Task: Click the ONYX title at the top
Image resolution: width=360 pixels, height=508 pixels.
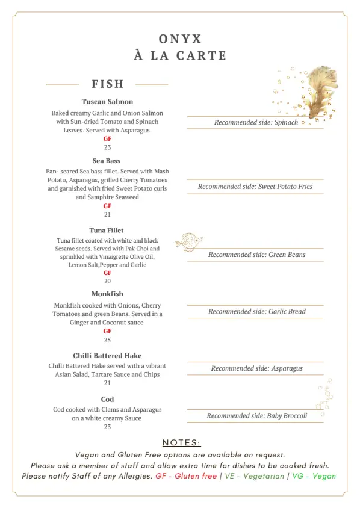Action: tap(180, 39)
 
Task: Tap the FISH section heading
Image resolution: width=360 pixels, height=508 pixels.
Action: tap(107, 84)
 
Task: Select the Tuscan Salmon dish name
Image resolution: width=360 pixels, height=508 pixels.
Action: tap(107, 102)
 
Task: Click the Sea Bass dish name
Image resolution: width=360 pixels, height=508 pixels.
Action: tap(107, 161)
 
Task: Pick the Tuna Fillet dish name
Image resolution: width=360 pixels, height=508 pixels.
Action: tap(107, 231)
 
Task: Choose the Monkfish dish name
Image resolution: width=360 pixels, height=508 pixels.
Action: tap(107, 294)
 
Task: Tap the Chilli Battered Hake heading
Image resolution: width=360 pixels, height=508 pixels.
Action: tap(107, 356)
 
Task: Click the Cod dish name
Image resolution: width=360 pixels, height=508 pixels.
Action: tap(107, 400)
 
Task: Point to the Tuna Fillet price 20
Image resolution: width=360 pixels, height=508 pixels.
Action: tap(107, 281)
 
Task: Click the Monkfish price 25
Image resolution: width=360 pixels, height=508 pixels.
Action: tap(107, 340)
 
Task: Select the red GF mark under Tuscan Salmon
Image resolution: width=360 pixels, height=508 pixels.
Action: tap(107, 139)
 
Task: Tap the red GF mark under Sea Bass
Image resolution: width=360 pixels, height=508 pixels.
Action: tap(107, 206)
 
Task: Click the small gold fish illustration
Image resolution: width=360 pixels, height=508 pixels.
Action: tap(188, 241)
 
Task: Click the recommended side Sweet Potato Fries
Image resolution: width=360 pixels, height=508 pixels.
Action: tap(255, 187)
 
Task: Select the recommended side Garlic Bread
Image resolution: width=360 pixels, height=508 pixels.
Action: tap(256, 312)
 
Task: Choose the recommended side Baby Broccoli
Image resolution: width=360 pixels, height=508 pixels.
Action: tap(256, 416)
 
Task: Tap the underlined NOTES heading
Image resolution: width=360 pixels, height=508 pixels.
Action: tap(181, 443)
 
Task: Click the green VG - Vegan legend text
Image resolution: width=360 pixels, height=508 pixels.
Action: tap(313, 476)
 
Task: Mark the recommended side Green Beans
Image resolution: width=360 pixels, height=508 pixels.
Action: tap(256, 255)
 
